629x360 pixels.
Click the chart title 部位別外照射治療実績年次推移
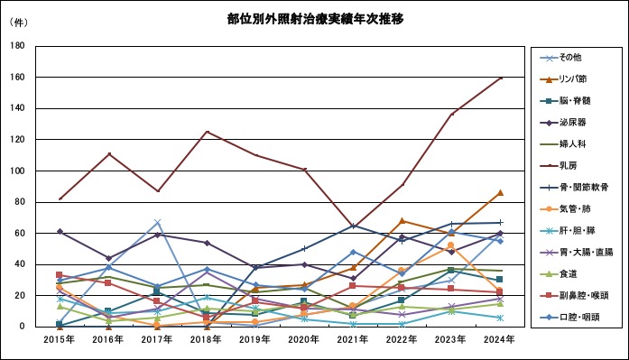click(303, 18)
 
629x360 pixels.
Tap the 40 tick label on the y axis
click(21, 264)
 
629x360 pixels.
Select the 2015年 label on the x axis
click(60, 339)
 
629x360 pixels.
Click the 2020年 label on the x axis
click(304, 339)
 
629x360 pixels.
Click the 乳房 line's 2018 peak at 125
click(207, 132)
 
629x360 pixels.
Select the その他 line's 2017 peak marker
click(157, 222)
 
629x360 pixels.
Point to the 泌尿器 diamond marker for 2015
click(60, 232)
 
